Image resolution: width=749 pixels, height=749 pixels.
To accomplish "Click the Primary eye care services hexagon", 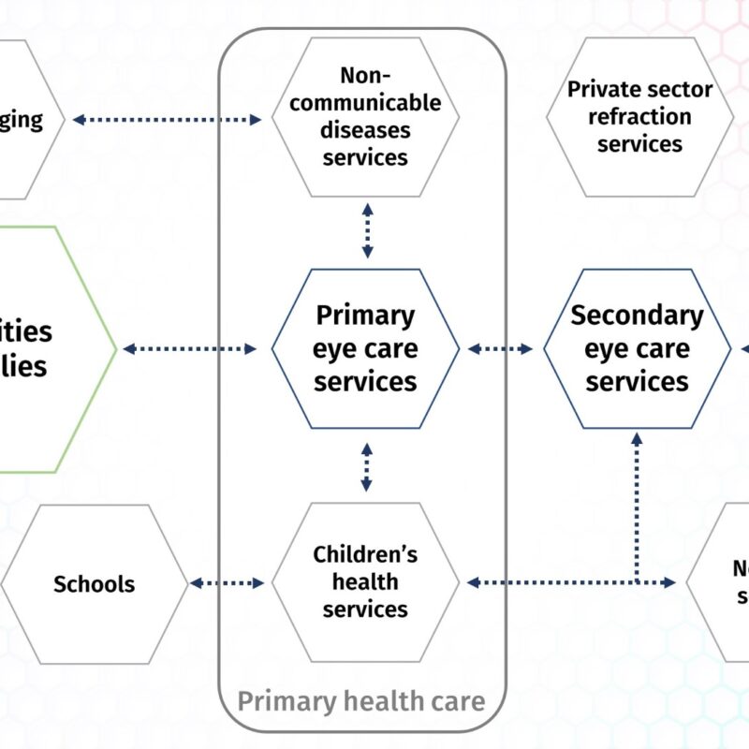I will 365,348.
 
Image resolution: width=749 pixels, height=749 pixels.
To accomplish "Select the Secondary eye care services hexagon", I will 637,348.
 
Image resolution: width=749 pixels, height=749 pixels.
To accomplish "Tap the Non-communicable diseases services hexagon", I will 365,116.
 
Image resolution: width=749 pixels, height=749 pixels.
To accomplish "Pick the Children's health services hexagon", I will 365,581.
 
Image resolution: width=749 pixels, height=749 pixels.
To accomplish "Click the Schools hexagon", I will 94,583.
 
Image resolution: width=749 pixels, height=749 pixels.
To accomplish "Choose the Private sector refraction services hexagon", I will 639,116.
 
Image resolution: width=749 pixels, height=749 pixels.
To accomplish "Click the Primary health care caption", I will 361,700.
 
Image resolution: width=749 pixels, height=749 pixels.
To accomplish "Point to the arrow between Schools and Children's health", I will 228,582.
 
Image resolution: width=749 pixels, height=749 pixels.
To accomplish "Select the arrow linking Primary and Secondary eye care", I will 500,348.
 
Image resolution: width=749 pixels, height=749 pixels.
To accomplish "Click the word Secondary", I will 637,316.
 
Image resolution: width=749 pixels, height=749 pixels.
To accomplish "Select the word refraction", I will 639,117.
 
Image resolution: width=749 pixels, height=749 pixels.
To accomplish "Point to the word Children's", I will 365,554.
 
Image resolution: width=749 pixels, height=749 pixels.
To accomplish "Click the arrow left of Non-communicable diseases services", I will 167,119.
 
